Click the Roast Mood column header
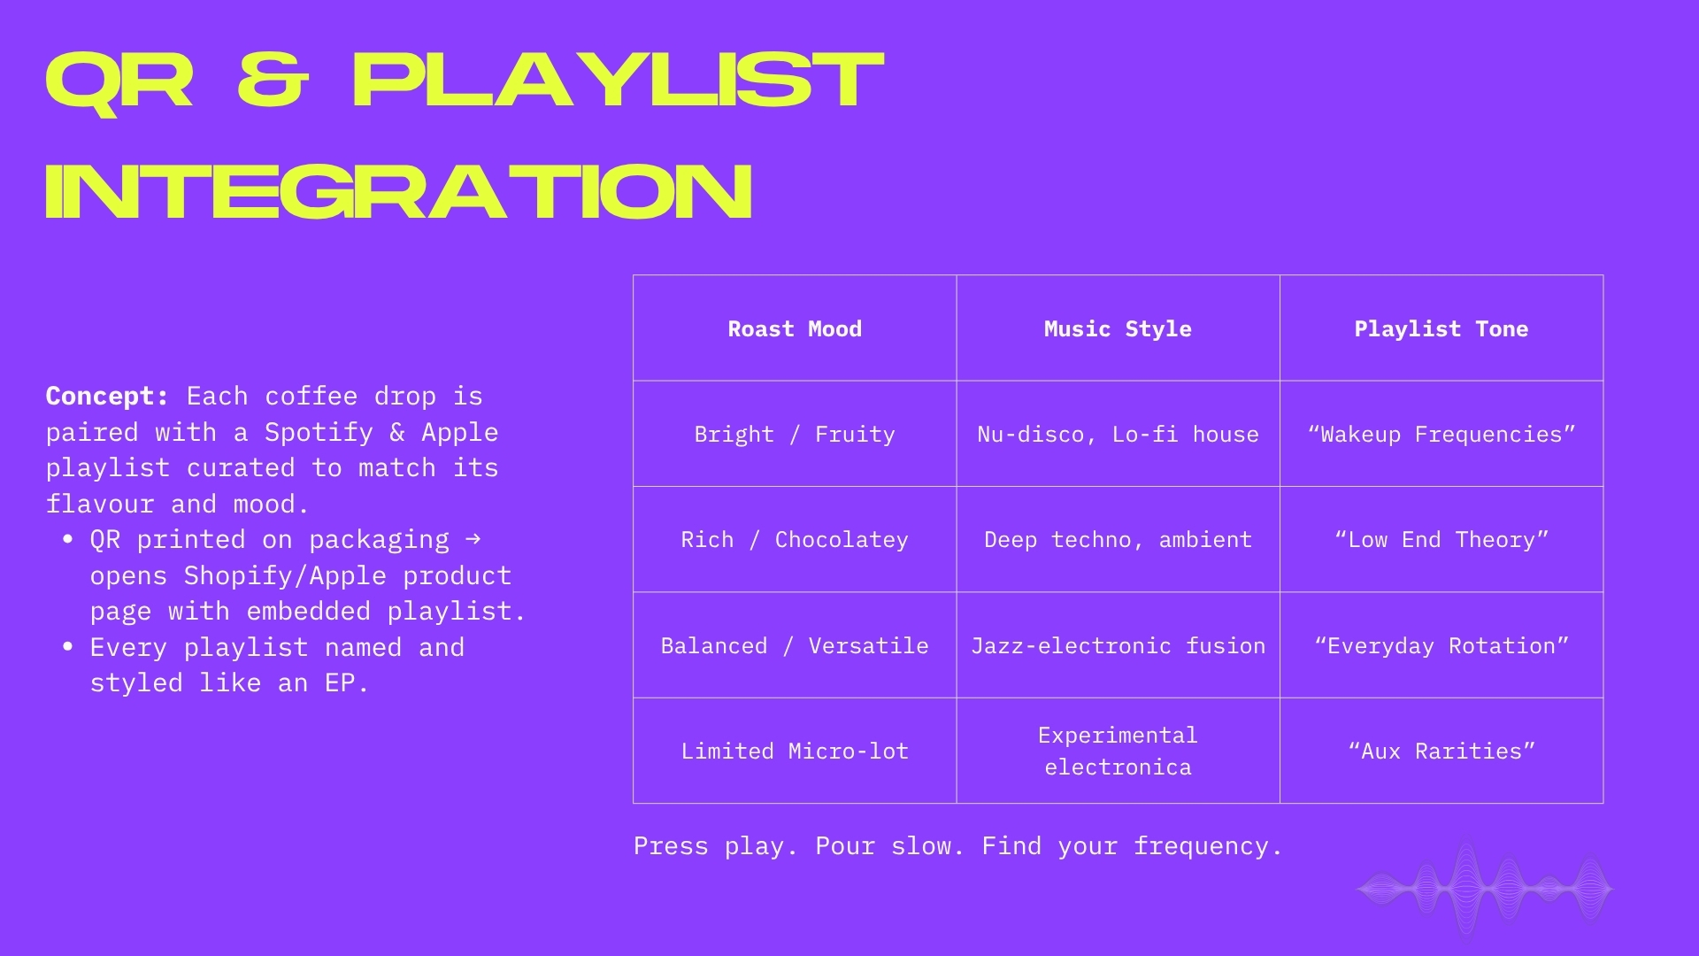(x=795, y=328)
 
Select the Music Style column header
(x=1118, y=328)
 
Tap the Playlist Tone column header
(x=1441, y=328)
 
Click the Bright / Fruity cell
(x=795, y=434)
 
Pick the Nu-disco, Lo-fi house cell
(x=1118, y=434)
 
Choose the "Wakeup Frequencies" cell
(x=1441, y=434)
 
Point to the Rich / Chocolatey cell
(x=795, y=539)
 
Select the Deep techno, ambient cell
(x=1118, y=539)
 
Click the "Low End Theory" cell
(x=1441, y=539)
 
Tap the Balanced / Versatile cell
(x=795, y=645)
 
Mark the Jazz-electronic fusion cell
(x=1118, y=645)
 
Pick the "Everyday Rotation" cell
(x=1441, y=645)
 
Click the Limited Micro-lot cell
(x=795, y=751)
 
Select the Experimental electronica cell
(x=1118, y=751)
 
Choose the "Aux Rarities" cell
(x=1441, y=751)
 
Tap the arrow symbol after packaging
(x=473, y=537)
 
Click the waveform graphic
(x=1485, y=888)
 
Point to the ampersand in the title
(x=273, y=81)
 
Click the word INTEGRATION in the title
(x=399, y=191)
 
